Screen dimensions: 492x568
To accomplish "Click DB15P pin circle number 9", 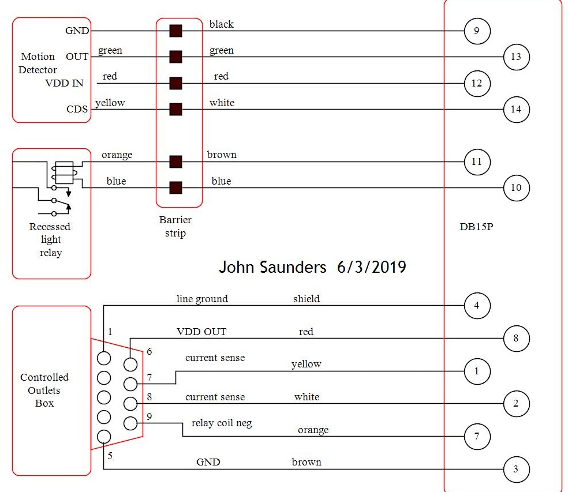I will [x=477, y=31].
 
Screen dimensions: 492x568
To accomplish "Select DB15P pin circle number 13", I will [x=516, y=57].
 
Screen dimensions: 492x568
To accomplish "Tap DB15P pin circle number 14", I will [x=516, y=109].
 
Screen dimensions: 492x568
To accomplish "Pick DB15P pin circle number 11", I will [x=477, y=162].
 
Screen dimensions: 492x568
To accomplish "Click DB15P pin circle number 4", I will [x=477, y=306].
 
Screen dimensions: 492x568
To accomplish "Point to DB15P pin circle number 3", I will [x=516, y=469].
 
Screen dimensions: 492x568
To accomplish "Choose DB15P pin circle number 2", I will [x=516, y=403].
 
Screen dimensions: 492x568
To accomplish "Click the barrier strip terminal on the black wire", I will [x=175, y=31].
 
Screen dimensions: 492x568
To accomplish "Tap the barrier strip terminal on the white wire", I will [x=175, y=109].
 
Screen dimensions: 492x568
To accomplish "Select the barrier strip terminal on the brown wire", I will [x=175, y=162].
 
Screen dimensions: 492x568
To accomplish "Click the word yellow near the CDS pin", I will [x=110, y=103].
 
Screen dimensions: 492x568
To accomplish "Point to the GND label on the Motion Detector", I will [x=77, y=31].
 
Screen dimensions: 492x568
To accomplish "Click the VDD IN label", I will [x=64, y=83].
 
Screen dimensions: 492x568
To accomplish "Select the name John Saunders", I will [x=272, y=267].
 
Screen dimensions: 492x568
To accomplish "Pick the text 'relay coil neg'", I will [x=222, y=423].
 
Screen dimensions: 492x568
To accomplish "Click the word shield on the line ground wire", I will [x=306, y=299].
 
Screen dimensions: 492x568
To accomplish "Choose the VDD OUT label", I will [x=201, y=332].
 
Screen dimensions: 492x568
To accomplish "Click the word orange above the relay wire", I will [x=117, y=155].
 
